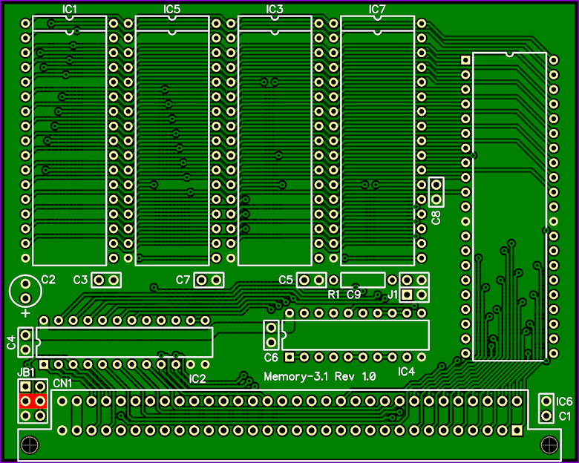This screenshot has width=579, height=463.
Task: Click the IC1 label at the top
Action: [x=70, y=9]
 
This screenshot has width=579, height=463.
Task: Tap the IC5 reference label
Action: [x=171, y=9]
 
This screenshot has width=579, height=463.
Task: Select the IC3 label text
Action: [x=275, y=9]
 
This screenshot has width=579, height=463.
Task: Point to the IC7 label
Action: [x=377, y=9]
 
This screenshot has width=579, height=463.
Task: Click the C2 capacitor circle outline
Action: [x=10, y=291]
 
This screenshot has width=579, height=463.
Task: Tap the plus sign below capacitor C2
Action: [x=25, y=313]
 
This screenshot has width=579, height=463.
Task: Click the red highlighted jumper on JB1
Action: [x=33, y=401]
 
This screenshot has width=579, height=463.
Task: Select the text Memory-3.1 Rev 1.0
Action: [x=320, y=377]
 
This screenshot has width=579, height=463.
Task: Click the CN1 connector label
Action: [x=62, y=384]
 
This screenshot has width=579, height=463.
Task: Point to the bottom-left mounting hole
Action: [x=30, y=445]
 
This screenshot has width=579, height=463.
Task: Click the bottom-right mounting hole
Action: [x=549, y=445]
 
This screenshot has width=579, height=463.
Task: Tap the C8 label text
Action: [x=436, y=217]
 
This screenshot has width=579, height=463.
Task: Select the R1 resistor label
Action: [x=333, y=295]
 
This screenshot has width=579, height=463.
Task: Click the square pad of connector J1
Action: [x=407, y=295]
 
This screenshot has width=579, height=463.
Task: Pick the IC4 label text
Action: [x=406, y=372]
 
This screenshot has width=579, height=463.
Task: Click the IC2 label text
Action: [x=197, y=379]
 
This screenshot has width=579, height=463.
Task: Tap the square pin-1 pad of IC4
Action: [x=289, y=357]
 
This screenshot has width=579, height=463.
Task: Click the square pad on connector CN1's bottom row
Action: [x=517, y=430]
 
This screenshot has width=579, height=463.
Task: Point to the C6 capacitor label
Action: [x=271, y=358]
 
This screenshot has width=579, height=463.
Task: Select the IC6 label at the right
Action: [x=564, y=401]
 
